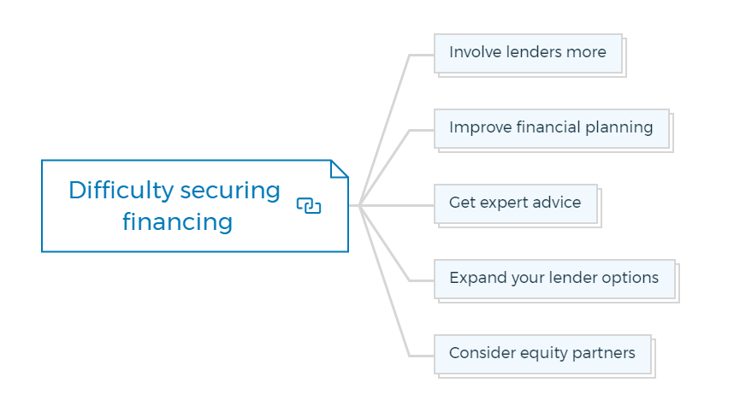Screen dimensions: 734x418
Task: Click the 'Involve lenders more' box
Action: (528, 53)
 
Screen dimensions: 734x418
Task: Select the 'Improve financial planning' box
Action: (552, 128)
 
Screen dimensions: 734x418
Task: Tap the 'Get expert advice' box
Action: (515, 203)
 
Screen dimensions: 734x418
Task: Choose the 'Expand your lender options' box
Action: (554, 280)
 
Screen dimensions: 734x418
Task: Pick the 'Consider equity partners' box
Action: (542, 355)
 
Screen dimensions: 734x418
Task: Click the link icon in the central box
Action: (309, 206)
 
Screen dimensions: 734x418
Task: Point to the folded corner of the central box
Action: (339, 168)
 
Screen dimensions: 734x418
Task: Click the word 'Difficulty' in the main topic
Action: (121, 191)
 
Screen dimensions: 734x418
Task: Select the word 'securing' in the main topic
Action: (230, 191)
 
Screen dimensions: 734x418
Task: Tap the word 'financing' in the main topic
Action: (177, 222)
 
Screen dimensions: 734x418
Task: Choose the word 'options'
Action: (630, 279)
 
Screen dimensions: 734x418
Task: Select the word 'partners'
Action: (603, 354)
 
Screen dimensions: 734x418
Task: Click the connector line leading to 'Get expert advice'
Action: (397, 205)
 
